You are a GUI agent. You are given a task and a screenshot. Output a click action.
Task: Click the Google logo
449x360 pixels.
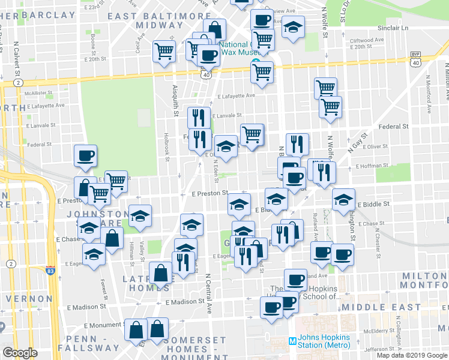click(20, 353)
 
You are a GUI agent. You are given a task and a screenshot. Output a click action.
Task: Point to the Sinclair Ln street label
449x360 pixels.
click(393, 28)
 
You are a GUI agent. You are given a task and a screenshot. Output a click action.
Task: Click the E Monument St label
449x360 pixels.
click(104, 325)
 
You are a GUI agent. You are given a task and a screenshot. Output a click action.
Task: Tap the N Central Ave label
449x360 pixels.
click(209, 295)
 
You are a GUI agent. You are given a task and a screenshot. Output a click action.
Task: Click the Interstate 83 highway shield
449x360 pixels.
click(50, 271)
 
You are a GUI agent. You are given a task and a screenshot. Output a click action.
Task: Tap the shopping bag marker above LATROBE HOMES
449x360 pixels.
click(161, 274)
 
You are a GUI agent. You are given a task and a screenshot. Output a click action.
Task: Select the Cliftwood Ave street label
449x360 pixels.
click(368, 40)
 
